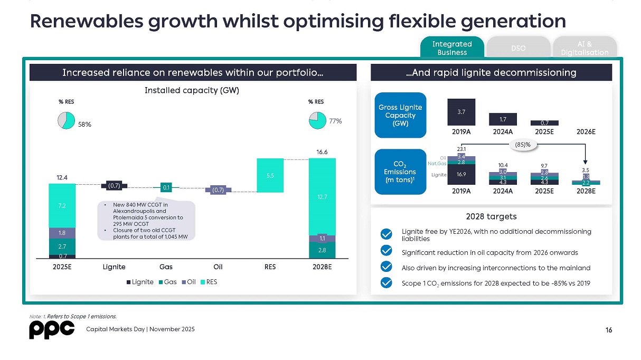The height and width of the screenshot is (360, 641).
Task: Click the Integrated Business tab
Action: [x=452, y=48]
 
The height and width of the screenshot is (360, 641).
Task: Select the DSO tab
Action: [x=518, y=48]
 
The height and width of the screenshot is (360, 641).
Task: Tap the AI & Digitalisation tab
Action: [x=585, y=48]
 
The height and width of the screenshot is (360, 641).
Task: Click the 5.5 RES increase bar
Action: [x=270, y=175]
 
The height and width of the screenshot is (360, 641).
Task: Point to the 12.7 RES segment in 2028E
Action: [x=322, y=196]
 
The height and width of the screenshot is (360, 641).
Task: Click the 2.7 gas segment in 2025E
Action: [x=62, y=246]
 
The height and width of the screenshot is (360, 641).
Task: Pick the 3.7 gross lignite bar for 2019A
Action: [x=461, y=112]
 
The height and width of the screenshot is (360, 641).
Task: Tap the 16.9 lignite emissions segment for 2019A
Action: [x=461, y=174]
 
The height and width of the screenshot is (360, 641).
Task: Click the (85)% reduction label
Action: [x=522, y=144]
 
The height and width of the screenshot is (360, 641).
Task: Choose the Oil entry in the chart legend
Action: [x=188, y=282]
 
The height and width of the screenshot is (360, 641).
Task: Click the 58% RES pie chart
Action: [x=67, y=120]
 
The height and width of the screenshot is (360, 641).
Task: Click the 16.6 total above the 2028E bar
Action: [x=322, y=152]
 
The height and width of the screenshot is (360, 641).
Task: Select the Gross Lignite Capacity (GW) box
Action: [x=400, y=115]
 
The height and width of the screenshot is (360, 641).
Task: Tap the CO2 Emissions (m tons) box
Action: [x=400, y=171]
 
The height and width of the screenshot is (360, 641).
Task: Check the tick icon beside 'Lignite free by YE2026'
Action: [x=387, y=234]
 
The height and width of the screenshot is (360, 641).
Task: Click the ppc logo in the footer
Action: [x=51, y=330]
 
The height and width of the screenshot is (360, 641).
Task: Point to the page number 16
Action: [x=609, y=330]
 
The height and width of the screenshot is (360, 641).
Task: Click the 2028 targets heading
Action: [x=491, y=216]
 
